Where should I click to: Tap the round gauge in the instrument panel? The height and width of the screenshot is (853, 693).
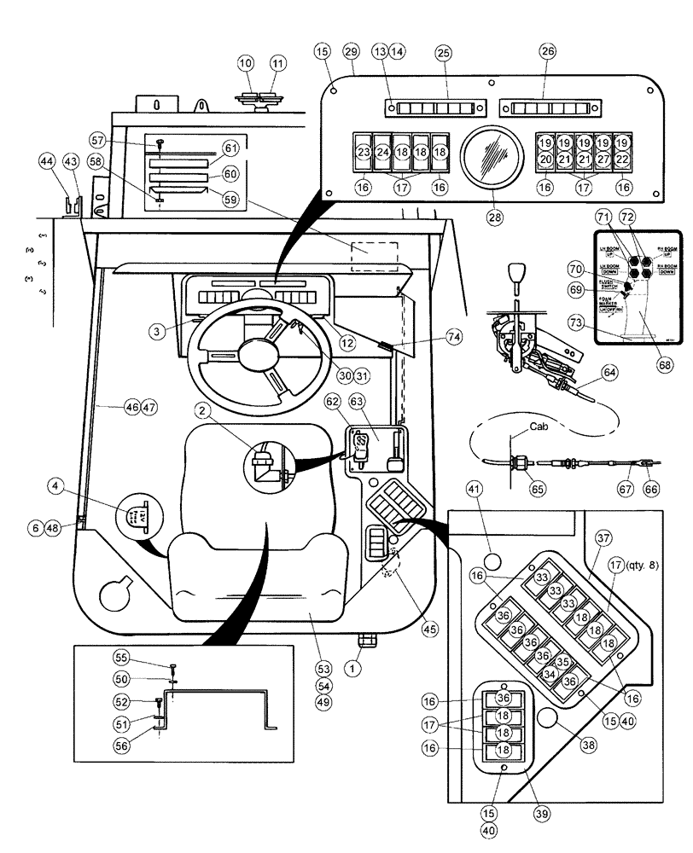490,161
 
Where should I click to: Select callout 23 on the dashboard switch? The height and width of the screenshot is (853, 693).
364,153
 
